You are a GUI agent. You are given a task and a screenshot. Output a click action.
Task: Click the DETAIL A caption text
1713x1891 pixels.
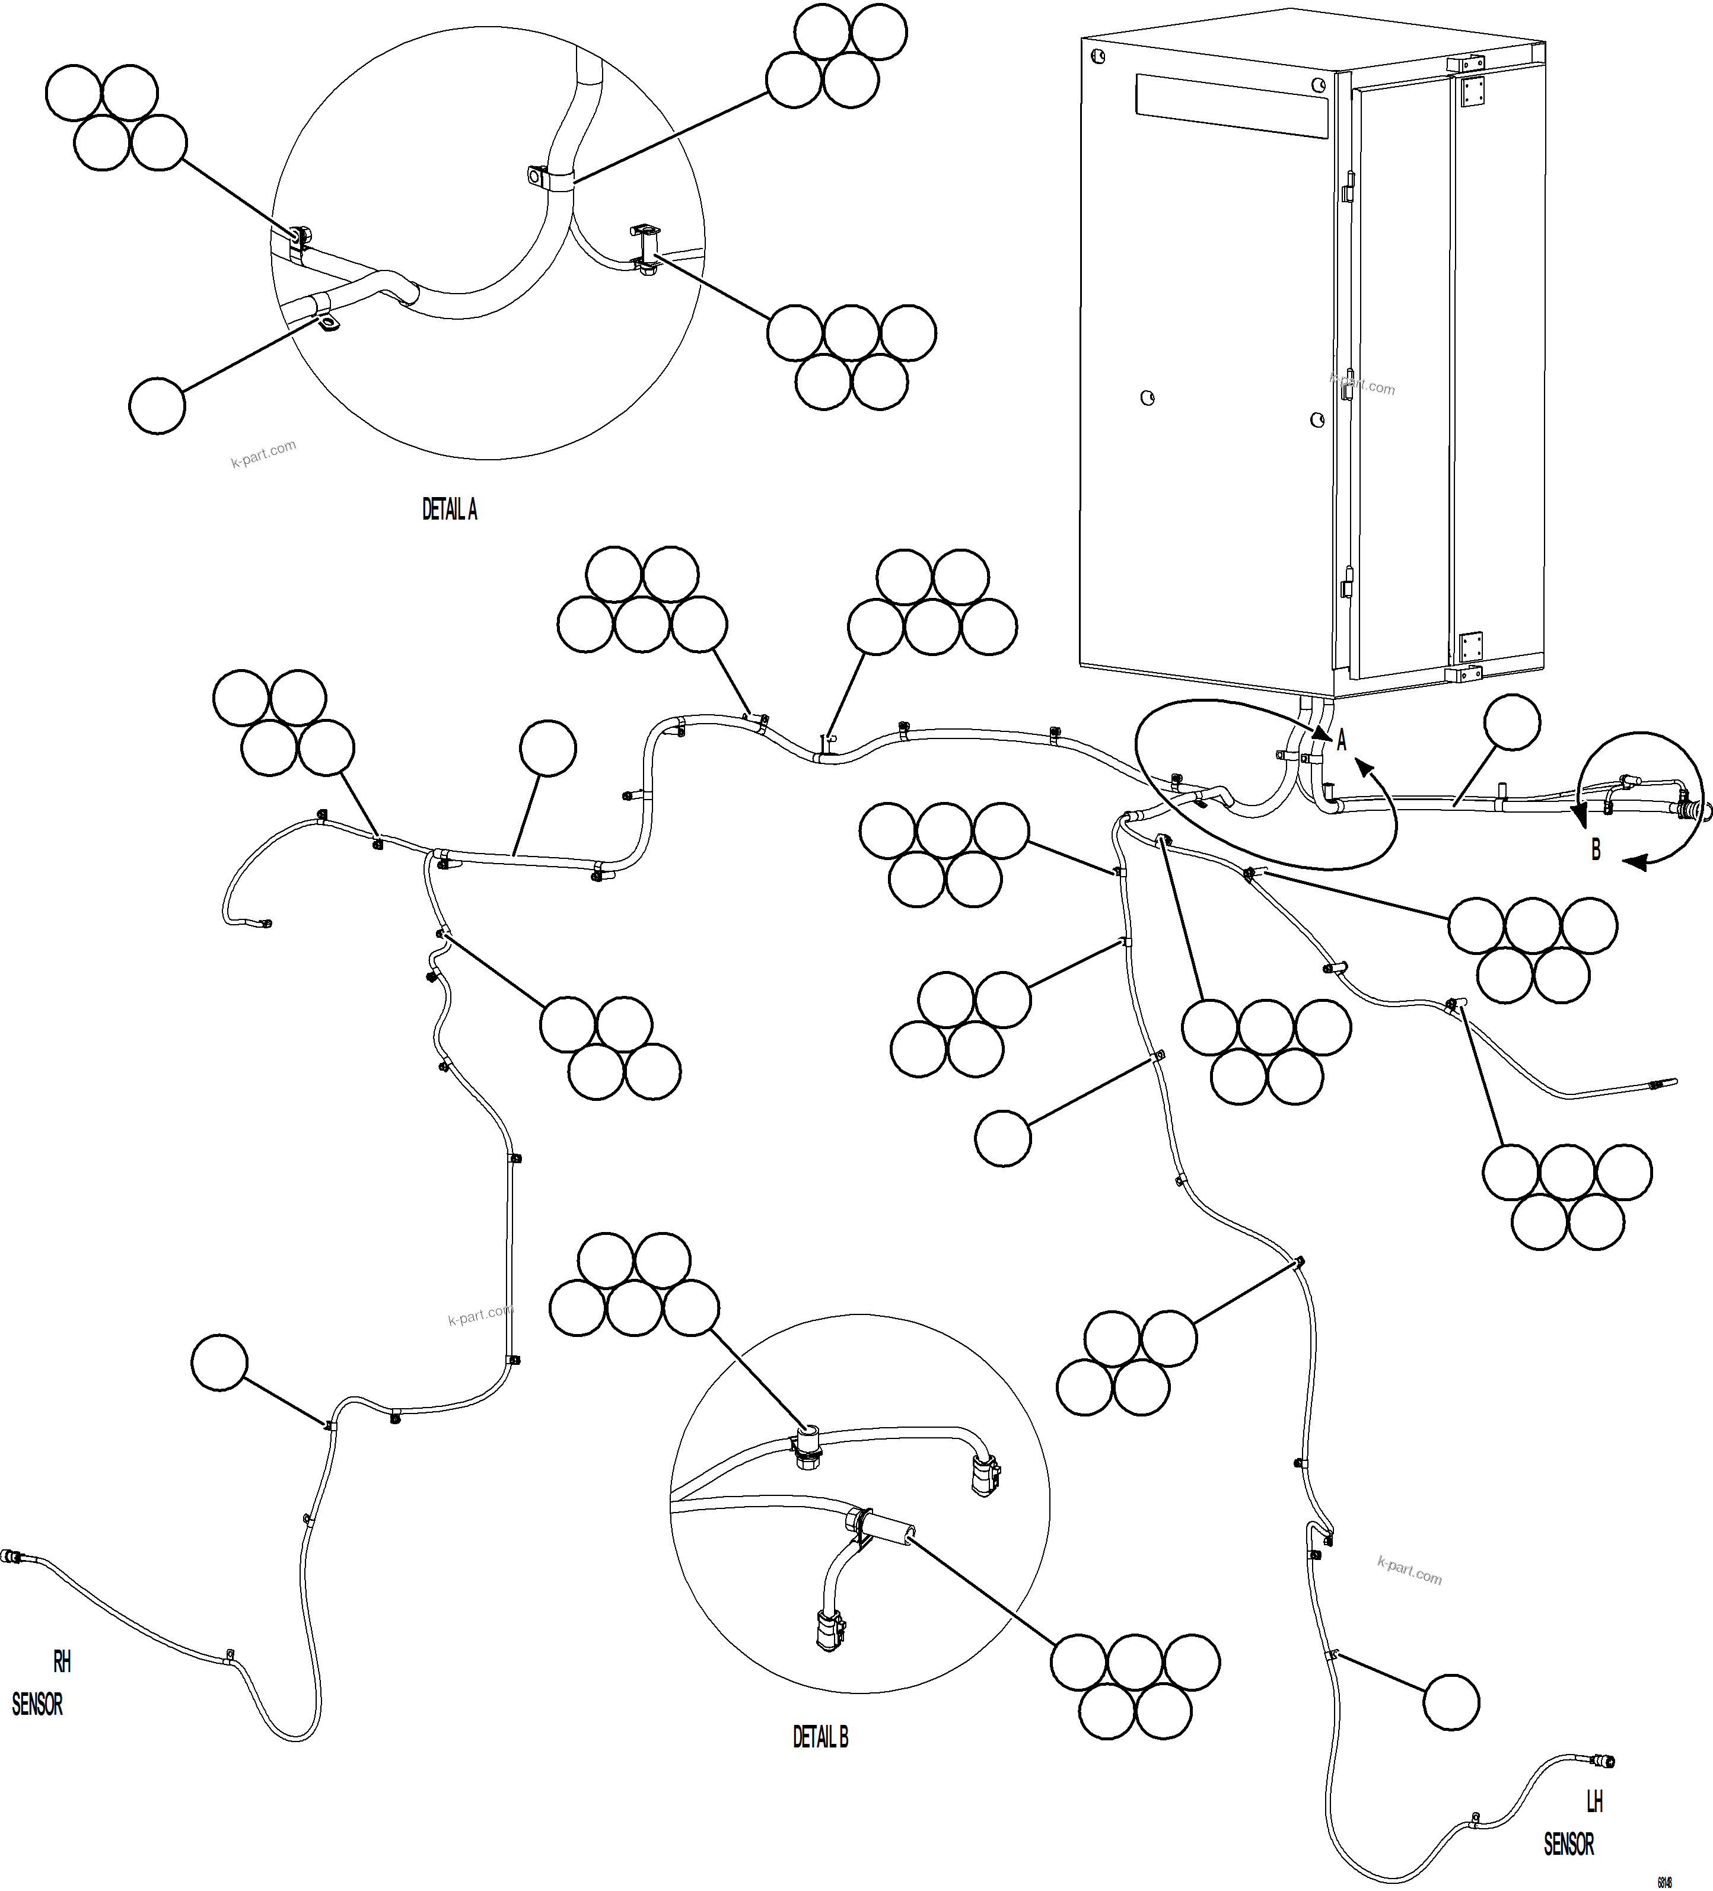[450, 510]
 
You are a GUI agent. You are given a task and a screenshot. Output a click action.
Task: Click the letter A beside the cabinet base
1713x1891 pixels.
[1342, 741]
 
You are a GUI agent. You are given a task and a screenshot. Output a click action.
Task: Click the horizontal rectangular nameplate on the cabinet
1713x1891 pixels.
[1232, 107]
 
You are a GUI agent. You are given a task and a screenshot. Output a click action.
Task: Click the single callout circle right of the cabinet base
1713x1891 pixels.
[1513, 722]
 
